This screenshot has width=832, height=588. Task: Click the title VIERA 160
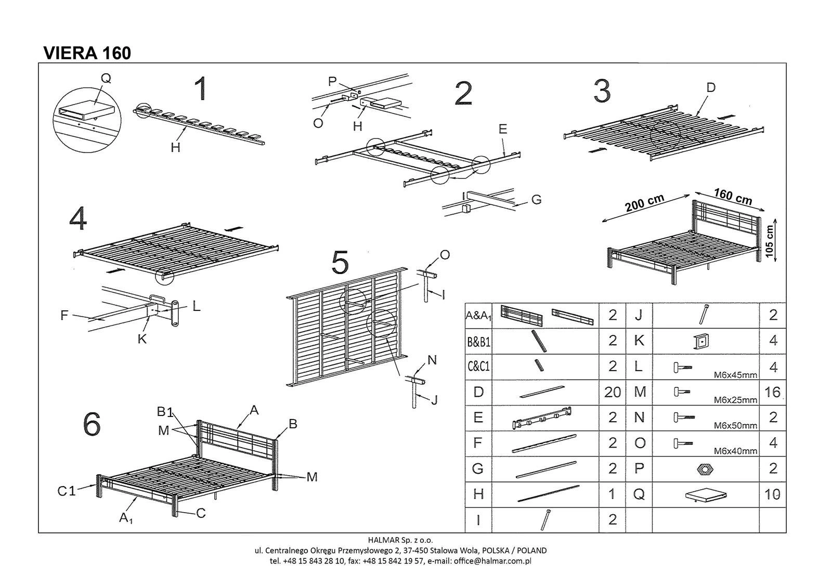87,53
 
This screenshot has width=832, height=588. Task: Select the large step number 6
92,425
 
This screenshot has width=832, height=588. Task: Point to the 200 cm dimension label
645,203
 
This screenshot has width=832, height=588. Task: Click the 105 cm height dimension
770,240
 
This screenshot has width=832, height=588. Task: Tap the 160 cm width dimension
733,195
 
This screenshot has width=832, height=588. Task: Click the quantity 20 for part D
613,392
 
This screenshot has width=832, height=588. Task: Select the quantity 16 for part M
773,392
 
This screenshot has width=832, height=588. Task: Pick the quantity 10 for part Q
773,494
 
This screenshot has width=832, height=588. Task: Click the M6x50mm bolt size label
735,426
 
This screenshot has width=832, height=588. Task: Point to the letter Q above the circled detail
106,79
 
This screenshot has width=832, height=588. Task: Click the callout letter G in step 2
536,199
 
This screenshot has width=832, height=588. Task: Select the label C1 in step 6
67,490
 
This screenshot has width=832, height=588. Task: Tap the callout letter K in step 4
141,339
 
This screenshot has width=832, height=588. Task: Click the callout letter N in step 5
432,360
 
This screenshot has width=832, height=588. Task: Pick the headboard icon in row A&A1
521,314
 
